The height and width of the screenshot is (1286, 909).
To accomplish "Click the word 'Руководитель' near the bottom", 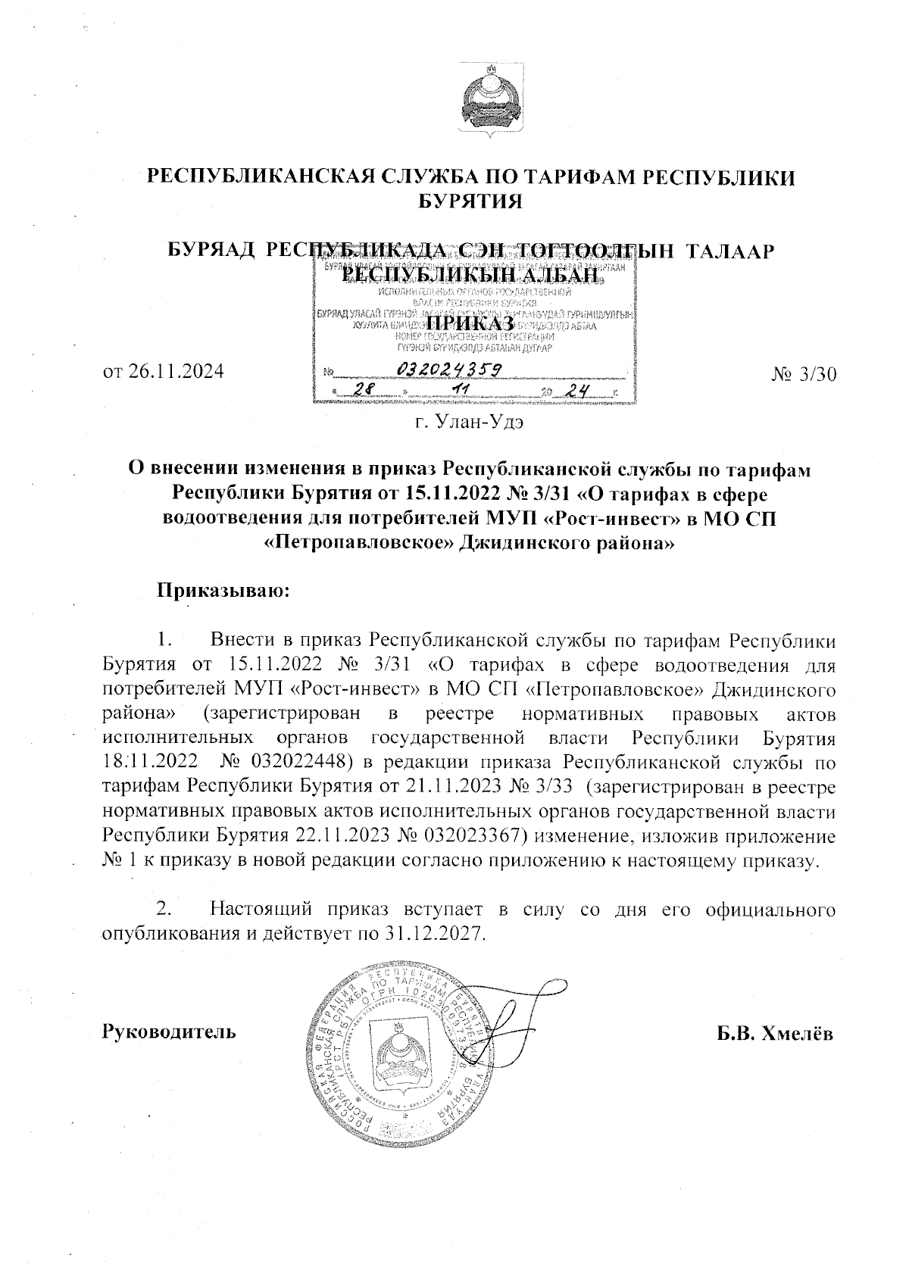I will (x=168, y=1032).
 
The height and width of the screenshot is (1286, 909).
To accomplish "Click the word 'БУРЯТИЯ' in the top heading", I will (x=471, y=202).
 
